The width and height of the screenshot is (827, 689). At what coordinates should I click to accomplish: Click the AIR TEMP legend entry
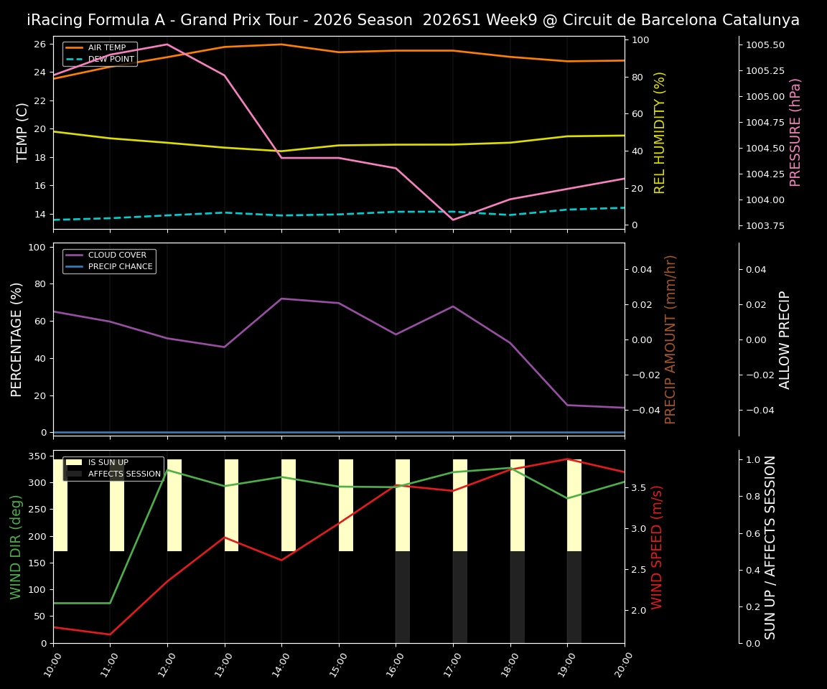(x=106, y=48)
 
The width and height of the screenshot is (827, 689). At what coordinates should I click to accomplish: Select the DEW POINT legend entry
(x=111, y=60)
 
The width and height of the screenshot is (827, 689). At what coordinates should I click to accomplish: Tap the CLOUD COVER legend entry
(x=116, y=256)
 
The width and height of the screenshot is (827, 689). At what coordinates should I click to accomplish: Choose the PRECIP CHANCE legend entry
(x=120, y=267)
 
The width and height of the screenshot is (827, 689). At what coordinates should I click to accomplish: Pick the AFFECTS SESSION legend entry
(x=123, y=474)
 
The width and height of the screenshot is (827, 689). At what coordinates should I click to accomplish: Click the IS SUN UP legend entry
(x=108, y=463)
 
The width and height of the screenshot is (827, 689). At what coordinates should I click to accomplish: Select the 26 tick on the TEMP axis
(x=39, y=44)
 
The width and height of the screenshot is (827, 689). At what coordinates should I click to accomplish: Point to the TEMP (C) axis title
(x=22, y=132)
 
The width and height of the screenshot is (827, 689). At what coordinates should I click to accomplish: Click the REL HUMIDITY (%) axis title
(x=660, y=132)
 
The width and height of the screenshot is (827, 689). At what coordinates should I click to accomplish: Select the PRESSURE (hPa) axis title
(x=795, y=132)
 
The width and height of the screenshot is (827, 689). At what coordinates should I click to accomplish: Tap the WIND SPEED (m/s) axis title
(x=658, y=547)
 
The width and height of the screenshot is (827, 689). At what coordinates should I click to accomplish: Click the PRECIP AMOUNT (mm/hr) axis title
(x=671, y=339)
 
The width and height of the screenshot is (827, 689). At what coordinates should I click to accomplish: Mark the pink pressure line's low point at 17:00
(x=453, y=220)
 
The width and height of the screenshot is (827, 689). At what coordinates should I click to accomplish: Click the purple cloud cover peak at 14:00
(x=281, y=299)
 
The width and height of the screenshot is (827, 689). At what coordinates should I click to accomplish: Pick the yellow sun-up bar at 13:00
(x=231, y=505)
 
